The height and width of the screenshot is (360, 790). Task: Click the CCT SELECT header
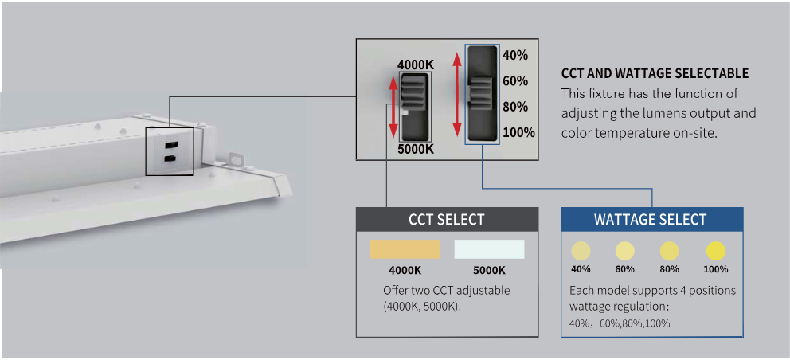point(446,219)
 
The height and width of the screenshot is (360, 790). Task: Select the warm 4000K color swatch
point(405,249)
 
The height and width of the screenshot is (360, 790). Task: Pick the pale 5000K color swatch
point(489,249)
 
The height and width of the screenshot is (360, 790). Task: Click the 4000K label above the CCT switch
point(415,65)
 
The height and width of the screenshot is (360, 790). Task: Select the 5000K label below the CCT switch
point(415,148)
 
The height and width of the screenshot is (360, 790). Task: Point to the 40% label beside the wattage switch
point(515,55)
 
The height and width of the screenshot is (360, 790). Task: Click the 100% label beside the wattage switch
point(518,132)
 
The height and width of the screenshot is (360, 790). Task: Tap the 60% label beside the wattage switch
point(515,80)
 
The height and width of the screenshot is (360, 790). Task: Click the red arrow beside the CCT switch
point(393,106)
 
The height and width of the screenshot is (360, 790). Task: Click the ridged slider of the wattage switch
point(480,95)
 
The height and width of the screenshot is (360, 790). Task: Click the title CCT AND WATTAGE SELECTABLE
point(655,73)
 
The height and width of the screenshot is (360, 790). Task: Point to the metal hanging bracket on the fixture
point(235,159)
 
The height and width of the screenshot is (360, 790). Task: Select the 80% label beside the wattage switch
point(515,107)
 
